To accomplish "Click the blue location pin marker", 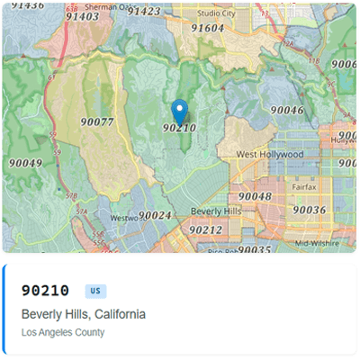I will [x=179, y=112].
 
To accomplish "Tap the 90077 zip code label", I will [x=96, y=121].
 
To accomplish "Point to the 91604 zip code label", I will [x=207, y=28].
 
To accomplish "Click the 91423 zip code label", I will [x=144, y=12].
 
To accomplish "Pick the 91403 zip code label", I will [x=83, y=16].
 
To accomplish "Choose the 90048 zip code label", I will [x=255, y=196].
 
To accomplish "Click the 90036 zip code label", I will [x=309, y=210].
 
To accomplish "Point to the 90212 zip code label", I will [x=205, y=229].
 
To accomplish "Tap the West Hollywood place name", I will [x=270, y=155].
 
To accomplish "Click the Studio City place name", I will [x=216, y=13].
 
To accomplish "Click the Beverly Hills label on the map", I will [x=216, y=211].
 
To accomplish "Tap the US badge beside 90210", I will [x=95, y=291].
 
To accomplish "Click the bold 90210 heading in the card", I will [x=45, y=290].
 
